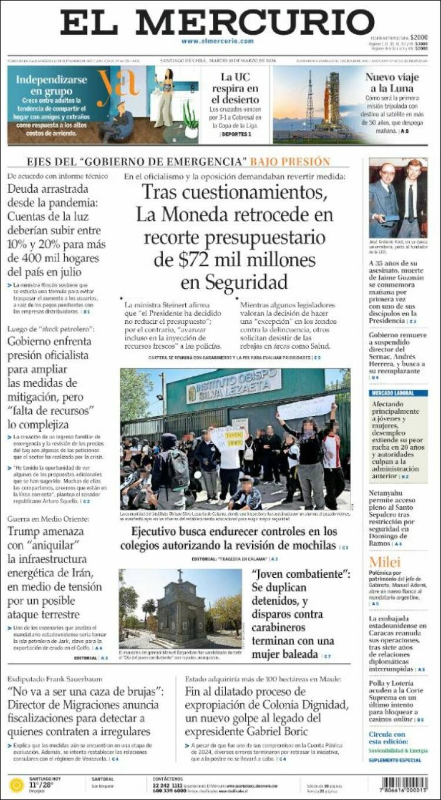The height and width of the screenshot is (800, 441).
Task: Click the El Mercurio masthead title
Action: point(217,22)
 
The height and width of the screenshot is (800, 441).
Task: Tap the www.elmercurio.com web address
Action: point(217,41)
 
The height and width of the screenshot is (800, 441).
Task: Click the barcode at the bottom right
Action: point(404,784)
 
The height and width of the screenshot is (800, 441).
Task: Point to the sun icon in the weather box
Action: point(16,785)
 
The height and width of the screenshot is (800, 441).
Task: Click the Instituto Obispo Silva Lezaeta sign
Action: point(234,386)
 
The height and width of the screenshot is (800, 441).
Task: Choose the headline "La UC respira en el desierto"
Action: point(235,88)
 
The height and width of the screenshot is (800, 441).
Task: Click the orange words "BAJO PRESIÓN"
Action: point(290,162)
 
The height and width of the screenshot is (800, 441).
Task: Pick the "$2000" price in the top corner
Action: point(419,37)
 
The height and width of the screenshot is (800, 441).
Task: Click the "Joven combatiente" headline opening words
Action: point(300,574)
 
